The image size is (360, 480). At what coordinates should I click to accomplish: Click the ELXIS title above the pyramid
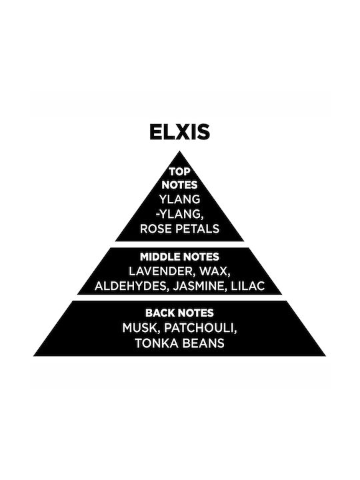tap(180, 132)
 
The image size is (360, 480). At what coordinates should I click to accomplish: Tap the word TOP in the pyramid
tap(180, 172)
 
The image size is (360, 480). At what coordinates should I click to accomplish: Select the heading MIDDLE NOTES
tap(180, 257)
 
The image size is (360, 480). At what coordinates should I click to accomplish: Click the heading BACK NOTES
tap(180, 313)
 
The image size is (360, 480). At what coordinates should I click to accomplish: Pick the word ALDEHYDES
tap(131, 286)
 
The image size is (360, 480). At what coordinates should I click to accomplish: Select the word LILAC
tap(248, 286)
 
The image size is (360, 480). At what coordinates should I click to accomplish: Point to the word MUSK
tap(141, 329)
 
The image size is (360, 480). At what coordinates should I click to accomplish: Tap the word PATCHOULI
tap(201, 329)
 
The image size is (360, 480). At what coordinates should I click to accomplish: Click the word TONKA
tap(157, 343)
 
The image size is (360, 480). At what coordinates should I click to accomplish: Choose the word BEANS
tap(203, 343)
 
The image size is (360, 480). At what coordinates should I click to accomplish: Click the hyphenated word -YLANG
tap(180, 214)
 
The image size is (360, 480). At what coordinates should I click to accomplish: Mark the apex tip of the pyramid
tap(180, 151)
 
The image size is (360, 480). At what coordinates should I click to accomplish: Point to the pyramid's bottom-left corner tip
tap(34, 356)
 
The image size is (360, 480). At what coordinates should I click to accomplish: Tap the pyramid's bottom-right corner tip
tap(326, 356)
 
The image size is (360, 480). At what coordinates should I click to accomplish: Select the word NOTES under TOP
tap(180, 185)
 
